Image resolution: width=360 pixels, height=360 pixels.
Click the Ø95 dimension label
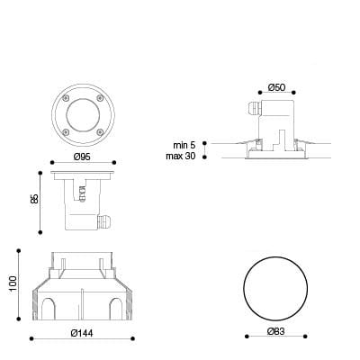(x=82, y=157)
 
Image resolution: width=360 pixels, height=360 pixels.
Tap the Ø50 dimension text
(x=276, y=87)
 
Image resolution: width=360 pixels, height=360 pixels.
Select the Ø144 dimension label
(x=82, y=333)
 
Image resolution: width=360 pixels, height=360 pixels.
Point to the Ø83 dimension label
(x=276, y=331)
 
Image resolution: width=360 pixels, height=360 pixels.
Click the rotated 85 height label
(x=34, y=199)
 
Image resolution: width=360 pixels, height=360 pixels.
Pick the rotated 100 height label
(x=13, y=283)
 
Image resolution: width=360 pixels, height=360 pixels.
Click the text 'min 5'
(x=184, y=145)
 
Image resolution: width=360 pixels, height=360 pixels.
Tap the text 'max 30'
(x=181, y=156)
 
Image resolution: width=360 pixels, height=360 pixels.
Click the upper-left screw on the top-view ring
(x=66, y=97)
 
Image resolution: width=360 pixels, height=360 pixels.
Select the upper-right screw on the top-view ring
(x=100, y=97)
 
